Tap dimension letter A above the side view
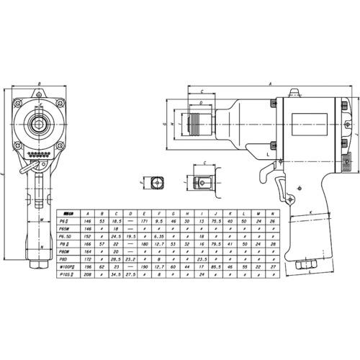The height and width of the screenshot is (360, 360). (x=270, y=84)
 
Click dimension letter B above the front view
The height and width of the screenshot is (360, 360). (x=40, y=84)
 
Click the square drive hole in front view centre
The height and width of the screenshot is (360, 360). (x=40, y=126)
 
